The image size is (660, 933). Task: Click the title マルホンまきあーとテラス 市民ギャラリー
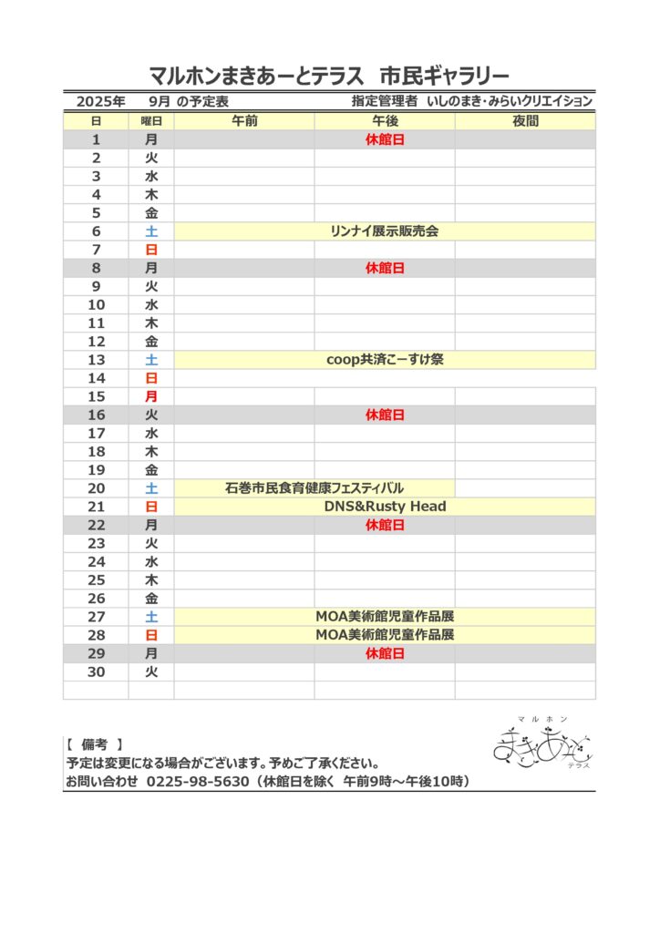[329, 75]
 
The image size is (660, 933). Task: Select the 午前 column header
[244, 121]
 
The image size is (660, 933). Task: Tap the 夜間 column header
[525, 121]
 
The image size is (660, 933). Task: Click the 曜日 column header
[151, 121]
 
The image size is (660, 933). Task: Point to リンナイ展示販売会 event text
[384, 231]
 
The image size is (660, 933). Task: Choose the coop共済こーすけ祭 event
[385, 360]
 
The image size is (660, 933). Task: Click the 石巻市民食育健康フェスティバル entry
[315, 488]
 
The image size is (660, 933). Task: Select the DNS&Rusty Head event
[385, 507]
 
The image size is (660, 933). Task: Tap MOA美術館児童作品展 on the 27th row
[385, 617]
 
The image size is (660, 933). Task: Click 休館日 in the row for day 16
[385, 415]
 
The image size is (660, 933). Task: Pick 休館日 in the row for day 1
[385, 139]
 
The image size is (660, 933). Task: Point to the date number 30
[97, 672]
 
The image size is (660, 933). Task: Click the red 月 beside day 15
[151, 396]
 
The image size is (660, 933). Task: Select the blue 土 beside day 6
[151, 231]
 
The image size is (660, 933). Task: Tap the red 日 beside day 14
[151, 378]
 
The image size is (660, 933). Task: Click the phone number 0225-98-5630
[198, 782]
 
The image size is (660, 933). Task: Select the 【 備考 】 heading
[95, 744]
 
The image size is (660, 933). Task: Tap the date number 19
[97, 470]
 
